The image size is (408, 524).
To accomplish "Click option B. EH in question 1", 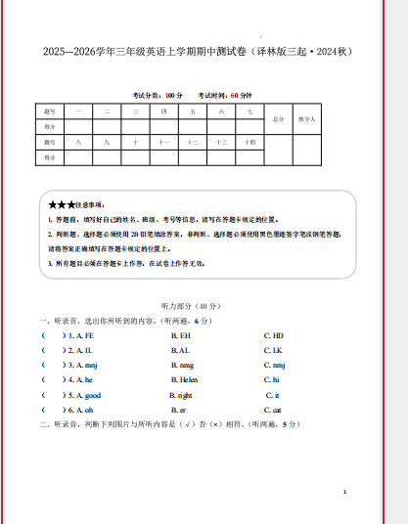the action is tap(180, 335).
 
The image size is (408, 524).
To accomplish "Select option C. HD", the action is tap(273, 335).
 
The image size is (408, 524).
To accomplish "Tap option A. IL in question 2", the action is tap(80, 350).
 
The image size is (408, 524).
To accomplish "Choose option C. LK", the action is tap(273, 350).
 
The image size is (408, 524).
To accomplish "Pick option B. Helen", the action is tap(184, 379).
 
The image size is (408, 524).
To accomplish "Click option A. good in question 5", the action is tap(84, 395).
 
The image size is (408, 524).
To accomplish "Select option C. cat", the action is tap(273, 410).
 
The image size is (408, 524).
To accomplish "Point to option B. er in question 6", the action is tap(179, 410).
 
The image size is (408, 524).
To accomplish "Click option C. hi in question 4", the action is tap(272, 379).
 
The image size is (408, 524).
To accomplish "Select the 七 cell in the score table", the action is tap(249, 112).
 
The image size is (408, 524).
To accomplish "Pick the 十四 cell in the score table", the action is tap(249, 143).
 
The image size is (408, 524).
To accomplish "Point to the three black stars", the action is tap(62, 205).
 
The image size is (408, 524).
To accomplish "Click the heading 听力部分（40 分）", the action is tap(204, 305).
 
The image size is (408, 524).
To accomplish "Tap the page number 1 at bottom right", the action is tap(345, 491).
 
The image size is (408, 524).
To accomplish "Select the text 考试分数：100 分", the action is tap(158, 95).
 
